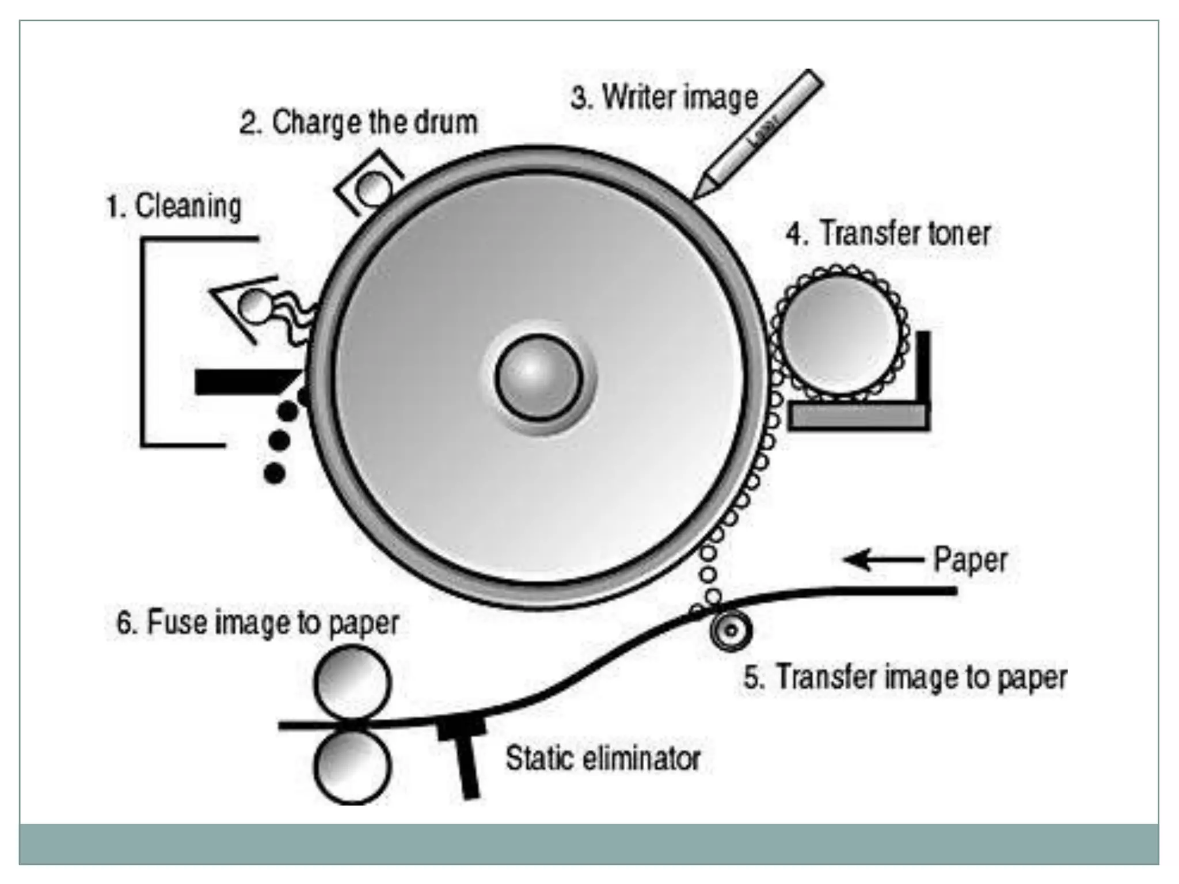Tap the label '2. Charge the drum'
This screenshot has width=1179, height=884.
tap(359, 123)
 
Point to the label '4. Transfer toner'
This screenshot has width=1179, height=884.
tap(888, 233)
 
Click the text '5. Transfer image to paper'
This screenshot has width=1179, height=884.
tap(905, 677)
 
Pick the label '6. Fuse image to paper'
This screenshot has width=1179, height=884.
tap(257, 623)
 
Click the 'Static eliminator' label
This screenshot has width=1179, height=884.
tap(603, 758)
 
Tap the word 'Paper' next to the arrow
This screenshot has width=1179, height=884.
tap(970, 559)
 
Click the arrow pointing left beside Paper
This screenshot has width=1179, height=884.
tap(884, 559)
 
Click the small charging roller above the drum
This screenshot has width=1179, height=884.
tap(372, 186)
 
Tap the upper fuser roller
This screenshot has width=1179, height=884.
tap(352, 683)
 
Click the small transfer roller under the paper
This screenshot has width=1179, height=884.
tap(731, 630)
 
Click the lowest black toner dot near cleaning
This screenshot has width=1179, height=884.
tap(275, 473)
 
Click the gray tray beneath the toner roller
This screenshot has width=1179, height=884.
tap(858, 416)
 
